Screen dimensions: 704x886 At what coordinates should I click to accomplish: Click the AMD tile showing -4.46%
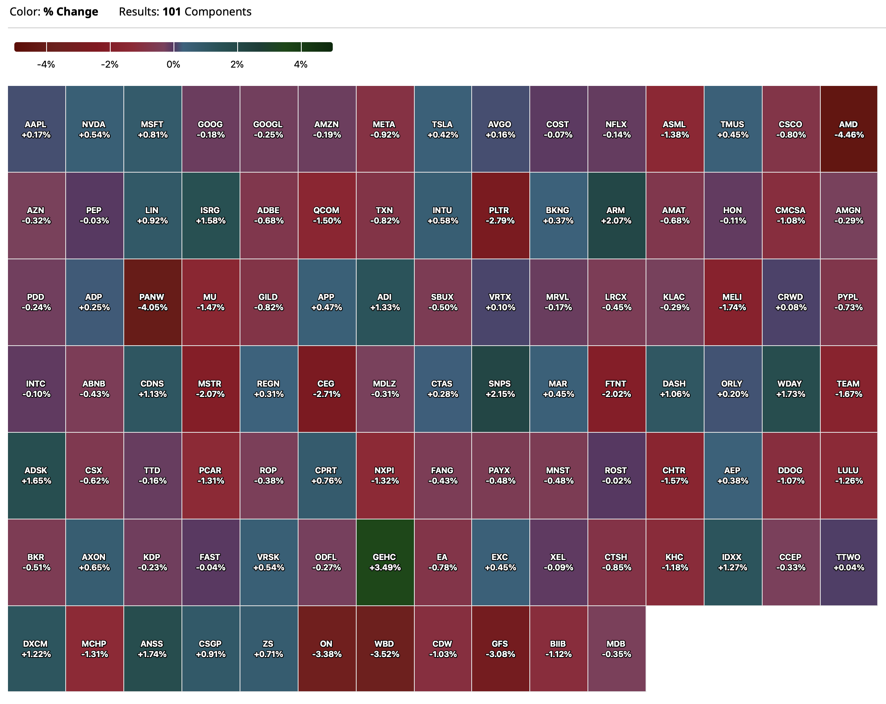coord(849,129)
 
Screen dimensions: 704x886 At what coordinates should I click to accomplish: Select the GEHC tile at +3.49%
coord(384,562)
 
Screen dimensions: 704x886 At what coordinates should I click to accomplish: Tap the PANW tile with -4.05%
coord(152,302)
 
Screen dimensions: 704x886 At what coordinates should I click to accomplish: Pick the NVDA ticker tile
coord(94,129)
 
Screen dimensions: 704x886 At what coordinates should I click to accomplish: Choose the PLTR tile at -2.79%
coord(500,215)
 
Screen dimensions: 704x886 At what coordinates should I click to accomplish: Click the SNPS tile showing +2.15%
coord(500,389)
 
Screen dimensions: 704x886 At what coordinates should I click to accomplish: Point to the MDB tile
coord(616,649)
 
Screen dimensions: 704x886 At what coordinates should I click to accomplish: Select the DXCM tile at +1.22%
coord(36,649)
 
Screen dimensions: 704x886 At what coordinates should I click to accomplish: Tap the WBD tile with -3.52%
coord(384,649)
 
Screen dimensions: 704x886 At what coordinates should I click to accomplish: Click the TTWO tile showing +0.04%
coord(849,562)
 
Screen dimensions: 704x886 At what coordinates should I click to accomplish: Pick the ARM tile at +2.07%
coord(616,215)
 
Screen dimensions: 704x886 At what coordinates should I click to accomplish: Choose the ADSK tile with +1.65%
coord(36,475)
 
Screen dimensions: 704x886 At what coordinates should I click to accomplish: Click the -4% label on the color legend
coord(46,64)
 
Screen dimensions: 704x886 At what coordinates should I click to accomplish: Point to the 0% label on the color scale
coord(174,64)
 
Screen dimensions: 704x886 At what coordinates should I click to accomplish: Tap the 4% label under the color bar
coord(301,64)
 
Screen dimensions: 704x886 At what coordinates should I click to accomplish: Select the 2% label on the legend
coord(237,64)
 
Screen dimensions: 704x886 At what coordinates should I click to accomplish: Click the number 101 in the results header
coord(172,12)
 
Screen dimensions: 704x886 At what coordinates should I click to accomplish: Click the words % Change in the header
coord(71,12)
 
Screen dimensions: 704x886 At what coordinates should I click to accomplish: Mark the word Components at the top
coord(218,12)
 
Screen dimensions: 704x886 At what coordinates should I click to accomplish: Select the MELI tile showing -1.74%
coord(732,302)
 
